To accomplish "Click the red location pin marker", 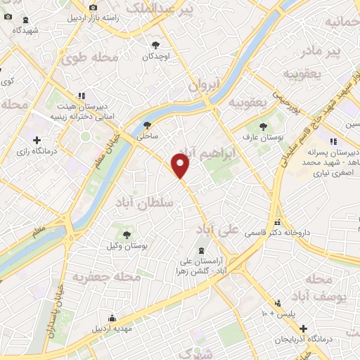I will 181,166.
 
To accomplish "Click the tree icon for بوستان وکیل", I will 127,236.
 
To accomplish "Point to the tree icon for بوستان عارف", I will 263,127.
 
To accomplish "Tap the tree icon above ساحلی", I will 147,124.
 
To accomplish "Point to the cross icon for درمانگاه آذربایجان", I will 304,328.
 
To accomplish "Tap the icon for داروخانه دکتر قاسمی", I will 278,223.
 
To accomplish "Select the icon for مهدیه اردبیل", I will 110,319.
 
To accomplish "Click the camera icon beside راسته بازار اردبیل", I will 93,8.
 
